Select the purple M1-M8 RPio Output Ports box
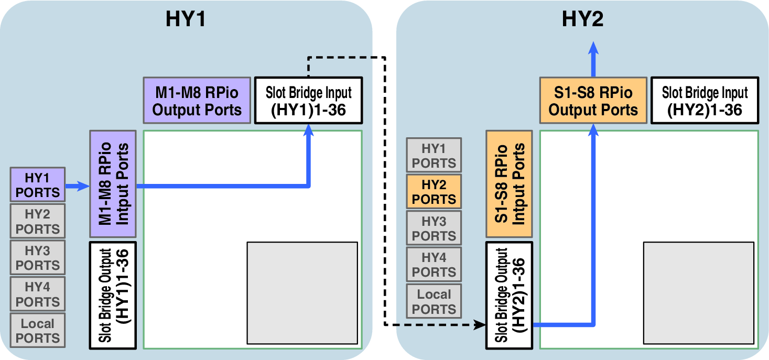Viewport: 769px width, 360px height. point(197,101)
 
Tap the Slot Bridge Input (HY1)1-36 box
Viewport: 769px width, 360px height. point(308,101)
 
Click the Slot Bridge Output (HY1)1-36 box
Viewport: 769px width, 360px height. point(113,295)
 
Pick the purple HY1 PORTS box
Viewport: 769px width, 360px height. point(38,184)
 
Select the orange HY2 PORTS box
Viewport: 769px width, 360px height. point(434,191)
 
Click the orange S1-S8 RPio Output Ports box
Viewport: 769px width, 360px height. point(593,101)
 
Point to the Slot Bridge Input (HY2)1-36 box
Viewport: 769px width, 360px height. point(705,101)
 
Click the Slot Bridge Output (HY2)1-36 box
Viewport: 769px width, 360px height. point(510,295)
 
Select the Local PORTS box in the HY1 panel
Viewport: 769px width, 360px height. point(38,330)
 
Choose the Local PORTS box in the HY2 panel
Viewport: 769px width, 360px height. point(434,301)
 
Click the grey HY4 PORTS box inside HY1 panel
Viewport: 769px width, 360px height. point(38,294)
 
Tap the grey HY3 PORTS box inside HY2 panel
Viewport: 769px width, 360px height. point(434,228)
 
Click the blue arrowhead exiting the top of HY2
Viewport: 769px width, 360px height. point(593,48)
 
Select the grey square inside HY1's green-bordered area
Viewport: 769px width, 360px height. point(302,292)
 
